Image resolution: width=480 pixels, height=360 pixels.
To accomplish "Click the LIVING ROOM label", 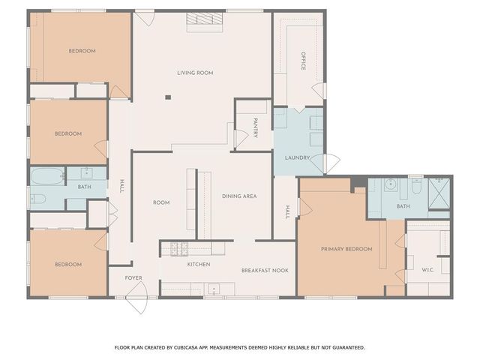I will coord(195,73).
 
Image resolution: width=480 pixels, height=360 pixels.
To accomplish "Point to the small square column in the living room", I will coord(168,96).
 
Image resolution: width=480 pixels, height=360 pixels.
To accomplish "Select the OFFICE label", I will coord(304,61).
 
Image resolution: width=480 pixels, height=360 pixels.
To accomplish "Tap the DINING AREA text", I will coord(239,196).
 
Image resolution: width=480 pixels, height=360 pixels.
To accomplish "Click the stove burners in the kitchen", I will coord(179,248).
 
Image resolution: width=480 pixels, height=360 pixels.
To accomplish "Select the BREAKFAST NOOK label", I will coord(264,270).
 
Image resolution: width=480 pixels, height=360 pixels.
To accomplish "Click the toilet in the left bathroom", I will coord(38,199).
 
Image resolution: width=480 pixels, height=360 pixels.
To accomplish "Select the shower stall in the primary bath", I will coord(438,193).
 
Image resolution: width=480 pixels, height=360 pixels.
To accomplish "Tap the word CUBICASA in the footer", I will coord(189,347).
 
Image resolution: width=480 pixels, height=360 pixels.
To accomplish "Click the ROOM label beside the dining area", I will coord(161,202).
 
